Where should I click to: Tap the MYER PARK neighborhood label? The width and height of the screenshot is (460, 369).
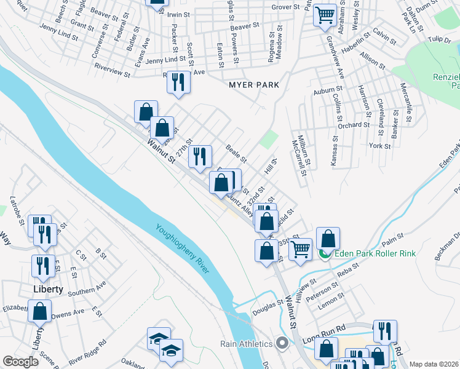tap(254, 85)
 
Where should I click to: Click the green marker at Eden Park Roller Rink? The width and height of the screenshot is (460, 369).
tap(325, 253)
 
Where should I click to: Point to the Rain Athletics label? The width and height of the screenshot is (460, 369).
tap(250, 344)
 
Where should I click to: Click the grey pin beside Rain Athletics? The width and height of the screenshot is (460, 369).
tap(282, 343)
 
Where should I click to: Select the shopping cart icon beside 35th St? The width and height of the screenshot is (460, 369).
tap(300, 249)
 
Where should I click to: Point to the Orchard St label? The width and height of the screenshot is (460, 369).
tap(353, 125)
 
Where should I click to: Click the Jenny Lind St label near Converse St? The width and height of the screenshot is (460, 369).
tap(58, 32)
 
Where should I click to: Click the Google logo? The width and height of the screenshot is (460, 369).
tap(20, 362)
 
